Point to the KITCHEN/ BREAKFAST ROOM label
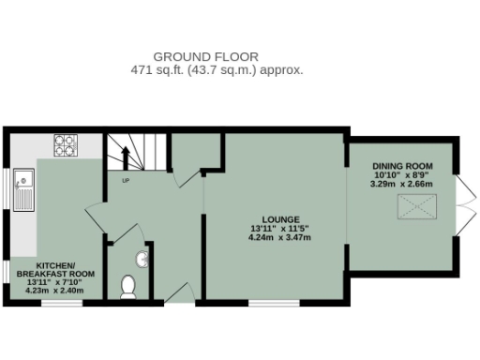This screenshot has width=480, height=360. pos(52,269)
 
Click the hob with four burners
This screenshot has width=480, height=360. pos(65,145)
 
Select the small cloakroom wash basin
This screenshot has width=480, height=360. pos(145,256)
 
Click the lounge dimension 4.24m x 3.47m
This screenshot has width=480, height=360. pos(279,237)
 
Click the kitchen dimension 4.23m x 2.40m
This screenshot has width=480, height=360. pos(52,290)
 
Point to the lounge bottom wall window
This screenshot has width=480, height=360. pos(274,302)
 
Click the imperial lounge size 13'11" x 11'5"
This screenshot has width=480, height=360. pos(279,227)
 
